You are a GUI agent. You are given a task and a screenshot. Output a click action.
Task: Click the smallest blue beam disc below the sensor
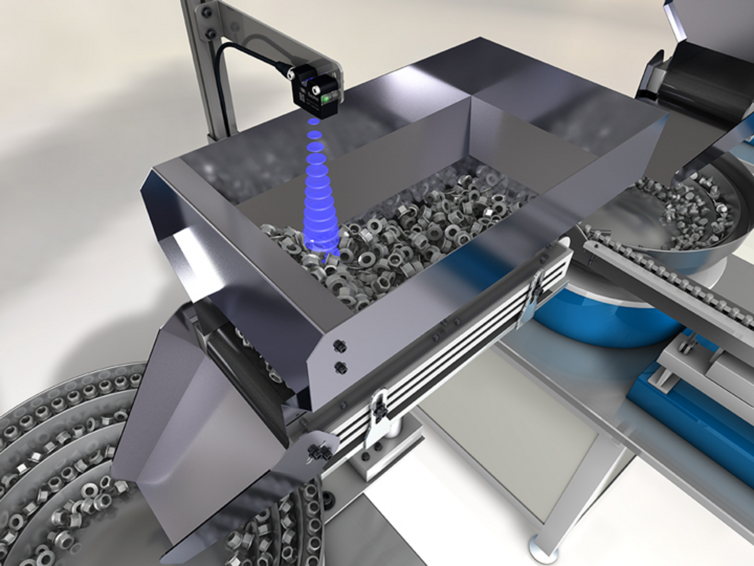(313, 121)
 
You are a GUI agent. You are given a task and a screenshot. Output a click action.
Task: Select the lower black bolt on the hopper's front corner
(341, 366)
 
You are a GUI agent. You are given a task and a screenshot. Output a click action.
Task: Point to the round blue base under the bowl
(602, 320)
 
